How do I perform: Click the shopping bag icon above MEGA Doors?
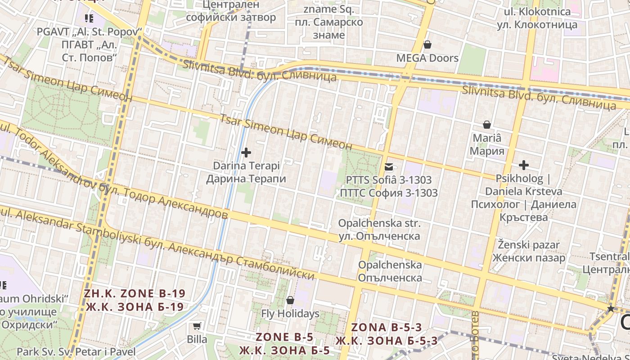click(x=427, y=45)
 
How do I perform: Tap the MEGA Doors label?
click(x=427, y=58)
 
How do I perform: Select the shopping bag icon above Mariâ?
click(x=486, y=125)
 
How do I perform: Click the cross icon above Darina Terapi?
click(x=246, y=153)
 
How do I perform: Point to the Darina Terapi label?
click(x=246, y=172)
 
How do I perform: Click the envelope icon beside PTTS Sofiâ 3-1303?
click(x=388, y=167)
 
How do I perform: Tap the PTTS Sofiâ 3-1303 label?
click(x=389, y=186)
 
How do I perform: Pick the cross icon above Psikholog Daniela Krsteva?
click(x=523, y=165)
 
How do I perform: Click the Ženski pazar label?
click(x=529, y=252)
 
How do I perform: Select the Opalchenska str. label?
click(x=379, y=229)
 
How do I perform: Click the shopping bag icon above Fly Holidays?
click(x=290, y=300)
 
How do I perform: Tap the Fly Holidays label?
click(x=290, y=314)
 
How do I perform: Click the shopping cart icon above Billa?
click(x=197, y=326)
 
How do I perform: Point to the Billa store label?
click(x=197, y=339)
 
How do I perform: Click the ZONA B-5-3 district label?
click(x=387, y=334)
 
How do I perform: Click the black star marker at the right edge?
click(x=610, y=309)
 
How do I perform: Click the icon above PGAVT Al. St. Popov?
click(x=89, y=18)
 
